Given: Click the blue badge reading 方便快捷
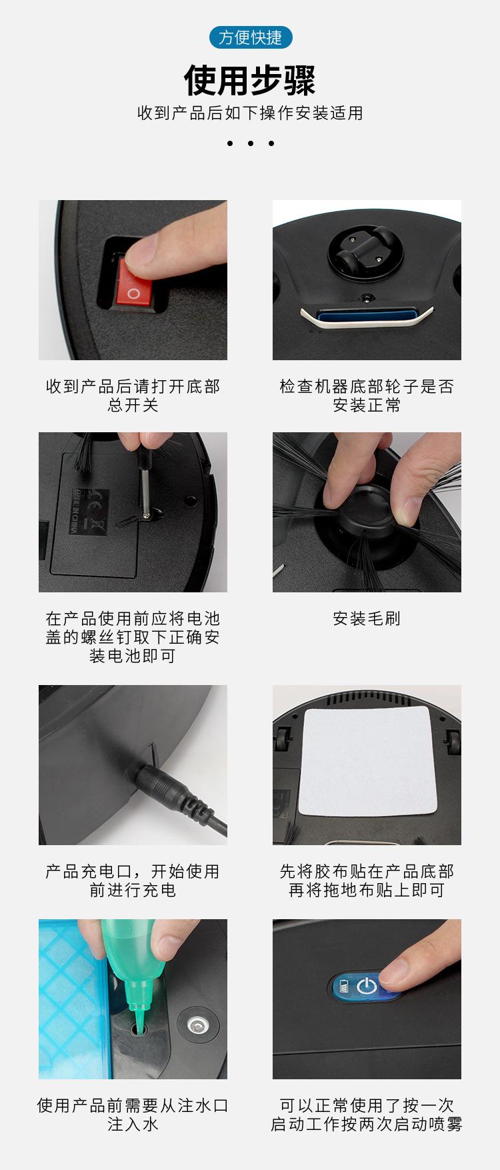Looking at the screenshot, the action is pyautogui.click(x=250, y=37).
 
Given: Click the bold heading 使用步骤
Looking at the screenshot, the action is pyautogui.click(x=250, y=81).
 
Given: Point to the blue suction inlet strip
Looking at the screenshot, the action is pyautogui.click(x=367, y=314).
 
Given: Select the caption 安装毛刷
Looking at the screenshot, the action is pyautogui.click(x=367, y=618).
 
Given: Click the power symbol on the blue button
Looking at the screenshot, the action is pyautogui.click(x=367, y=986).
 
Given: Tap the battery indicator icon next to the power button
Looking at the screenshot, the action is pyautogui.click(x=345, y=986).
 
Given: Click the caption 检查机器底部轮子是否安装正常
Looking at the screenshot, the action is pyautogui.click(x=367, y=396).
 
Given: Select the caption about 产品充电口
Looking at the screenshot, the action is pyautogui.click(x=133, y=881).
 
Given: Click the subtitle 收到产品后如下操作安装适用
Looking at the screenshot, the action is pyautogui.click(x=250, y=113).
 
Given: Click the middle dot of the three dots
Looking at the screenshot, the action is pyautogui.click(x=250, y=143).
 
